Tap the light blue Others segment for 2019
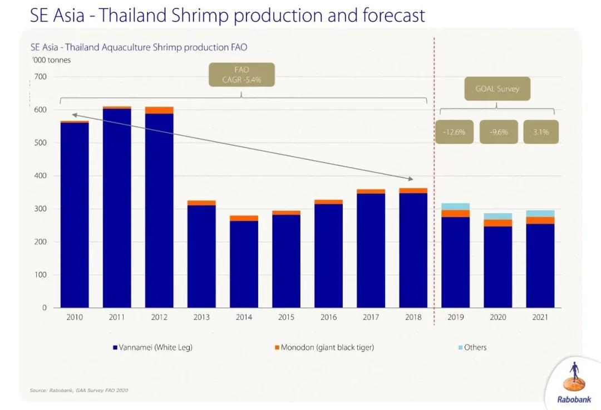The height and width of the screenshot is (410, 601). point(455,207)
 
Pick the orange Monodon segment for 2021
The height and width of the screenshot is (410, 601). point(540,221)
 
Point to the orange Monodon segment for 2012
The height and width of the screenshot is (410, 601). point(159,110)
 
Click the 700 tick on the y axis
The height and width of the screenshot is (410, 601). point(40,77)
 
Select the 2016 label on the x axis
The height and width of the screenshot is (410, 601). point(328,318)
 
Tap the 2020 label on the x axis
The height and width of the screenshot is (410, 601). point(497,318)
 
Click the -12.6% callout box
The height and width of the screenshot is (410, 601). point(454,133)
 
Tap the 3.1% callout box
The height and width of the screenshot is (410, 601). point(540,133)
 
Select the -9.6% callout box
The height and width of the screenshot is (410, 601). point(498,133)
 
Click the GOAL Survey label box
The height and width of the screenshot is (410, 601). point(497,89)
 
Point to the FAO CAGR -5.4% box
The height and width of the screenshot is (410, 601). point(242,75)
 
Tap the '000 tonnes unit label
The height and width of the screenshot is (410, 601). point(51,60)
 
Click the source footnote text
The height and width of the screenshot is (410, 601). point(78,391)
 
